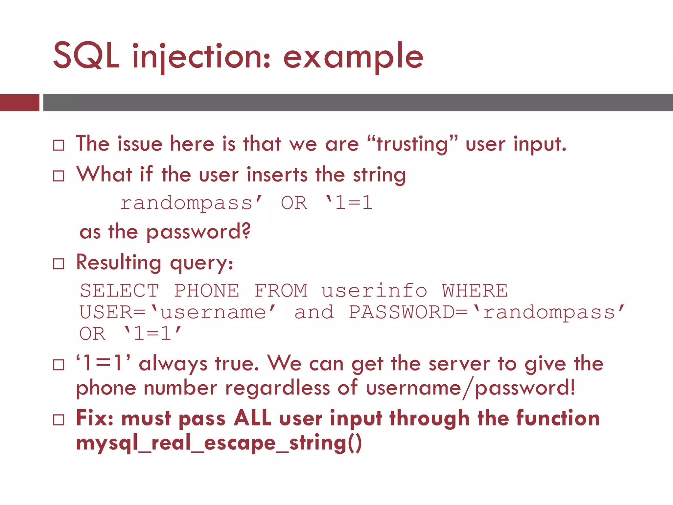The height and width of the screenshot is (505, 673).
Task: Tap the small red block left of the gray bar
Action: coord(19,103)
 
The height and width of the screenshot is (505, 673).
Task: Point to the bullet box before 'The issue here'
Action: coord(58,145)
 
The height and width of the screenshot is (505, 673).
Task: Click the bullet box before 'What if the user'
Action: coord(58,176)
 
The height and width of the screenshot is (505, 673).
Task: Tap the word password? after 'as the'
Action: coord(198,232)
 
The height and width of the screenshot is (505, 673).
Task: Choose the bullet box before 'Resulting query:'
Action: coord(58,264)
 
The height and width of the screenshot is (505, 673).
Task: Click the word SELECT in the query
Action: coord(119,291)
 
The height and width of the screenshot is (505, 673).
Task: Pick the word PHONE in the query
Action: coord(207,291)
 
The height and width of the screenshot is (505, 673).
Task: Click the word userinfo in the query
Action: coord(374,291)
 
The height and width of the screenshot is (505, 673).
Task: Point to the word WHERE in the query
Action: coord(475,291)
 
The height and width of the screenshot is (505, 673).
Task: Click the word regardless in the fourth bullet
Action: coord(277,388)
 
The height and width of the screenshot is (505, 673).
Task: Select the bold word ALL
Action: coord(252,418)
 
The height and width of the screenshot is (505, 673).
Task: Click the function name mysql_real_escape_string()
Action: coord(219,443)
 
